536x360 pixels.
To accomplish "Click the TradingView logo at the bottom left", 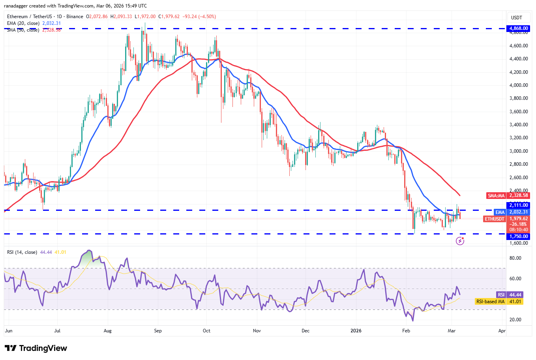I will coord(36,348).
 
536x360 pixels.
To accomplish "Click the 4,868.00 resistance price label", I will coord(518,28).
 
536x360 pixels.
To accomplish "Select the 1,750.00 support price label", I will coord(518,236).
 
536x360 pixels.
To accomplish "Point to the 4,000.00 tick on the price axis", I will coord(518,85).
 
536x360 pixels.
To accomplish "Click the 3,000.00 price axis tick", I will coord(518,151).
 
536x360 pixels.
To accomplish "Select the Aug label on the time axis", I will coord(107,331).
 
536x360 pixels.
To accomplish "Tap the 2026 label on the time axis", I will coord(356,331).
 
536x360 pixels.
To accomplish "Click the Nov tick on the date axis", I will coord(257,331).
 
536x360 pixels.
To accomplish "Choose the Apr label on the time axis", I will coord(502,331).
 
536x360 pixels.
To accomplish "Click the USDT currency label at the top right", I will coord(516,18).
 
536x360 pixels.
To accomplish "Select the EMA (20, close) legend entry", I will coord(23,23).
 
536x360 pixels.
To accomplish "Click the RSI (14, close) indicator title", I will coord(22,252).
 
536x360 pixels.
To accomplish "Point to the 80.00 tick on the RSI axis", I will coord(515,258).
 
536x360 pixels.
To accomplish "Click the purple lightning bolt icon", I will coord(460,241).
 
